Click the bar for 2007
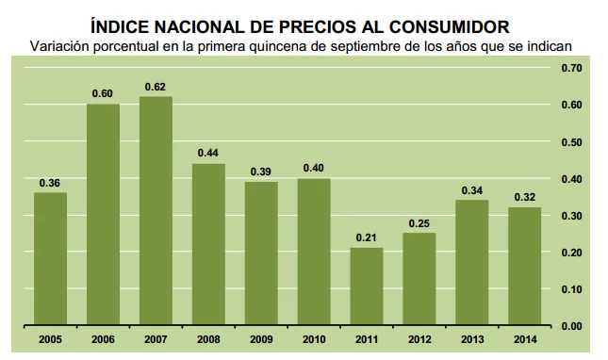[x=156, y=211]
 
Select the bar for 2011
[x=367, y=286]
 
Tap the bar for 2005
[x=50, y=259]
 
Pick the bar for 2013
[x=472, y=263]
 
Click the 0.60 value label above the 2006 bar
[x=103, y=93]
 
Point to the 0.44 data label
[x=208, y=153]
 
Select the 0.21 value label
[x=367, y=237]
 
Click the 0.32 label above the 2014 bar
[x=525, y=197]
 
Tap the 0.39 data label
[x=261, y=171]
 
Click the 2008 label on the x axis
[x=208, y=338]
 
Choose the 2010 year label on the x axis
[x=314, y=338]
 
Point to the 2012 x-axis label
[x=419, y=338]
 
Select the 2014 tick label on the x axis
[x=525, y=338]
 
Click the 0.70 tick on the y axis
[x=572, y=69]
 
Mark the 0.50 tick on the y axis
[x=572, y=142]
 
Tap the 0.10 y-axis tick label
[x=572, y=289]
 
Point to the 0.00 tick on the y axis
[x=572, y=326]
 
